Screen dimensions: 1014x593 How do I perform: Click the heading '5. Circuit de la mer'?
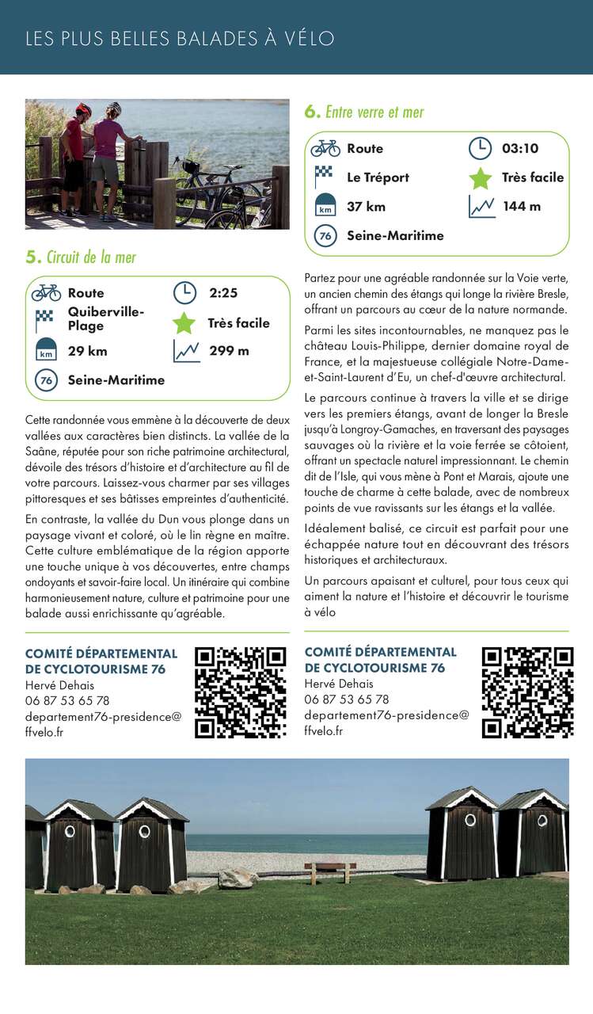point(81,257)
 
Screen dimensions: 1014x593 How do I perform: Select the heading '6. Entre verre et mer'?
point(364,112)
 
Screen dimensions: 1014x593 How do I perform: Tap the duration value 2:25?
point(223,293)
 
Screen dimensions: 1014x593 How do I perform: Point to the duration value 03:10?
point(519,148)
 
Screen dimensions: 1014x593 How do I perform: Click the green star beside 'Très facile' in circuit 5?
point(184,323)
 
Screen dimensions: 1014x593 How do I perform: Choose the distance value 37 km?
point(366,206)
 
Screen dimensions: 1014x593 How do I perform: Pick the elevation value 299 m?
point(229,351)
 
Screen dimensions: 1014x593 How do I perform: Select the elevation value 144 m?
point(522,206)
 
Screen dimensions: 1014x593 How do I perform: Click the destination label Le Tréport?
point(378,177)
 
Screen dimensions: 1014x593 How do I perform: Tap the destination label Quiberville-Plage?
point(106,318)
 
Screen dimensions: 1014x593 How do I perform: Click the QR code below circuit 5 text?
point(241,692)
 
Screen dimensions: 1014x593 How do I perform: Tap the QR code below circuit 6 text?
point(527,692)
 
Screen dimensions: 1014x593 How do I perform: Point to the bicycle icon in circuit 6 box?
point(325,148)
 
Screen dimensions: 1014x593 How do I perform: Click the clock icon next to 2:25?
point(184,293)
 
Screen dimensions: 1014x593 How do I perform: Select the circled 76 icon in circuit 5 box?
point(46,380)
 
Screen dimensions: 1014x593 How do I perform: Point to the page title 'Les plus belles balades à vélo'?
point(180,38)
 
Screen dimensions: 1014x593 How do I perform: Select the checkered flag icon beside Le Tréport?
point(325,176)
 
